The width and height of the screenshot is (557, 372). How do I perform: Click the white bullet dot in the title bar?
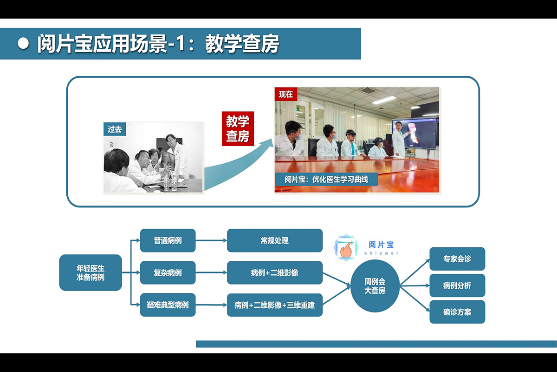[23, 44]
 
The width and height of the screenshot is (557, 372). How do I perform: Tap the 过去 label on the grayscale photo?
[115, 129]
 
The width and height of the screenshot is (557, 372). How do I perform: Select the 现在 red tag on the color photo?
[286, 94]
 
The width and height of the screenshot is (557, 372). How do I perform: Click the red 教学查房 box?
[238, 128]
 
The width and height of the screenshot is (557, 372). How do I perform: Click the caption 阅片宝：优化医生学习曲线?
[326, 179]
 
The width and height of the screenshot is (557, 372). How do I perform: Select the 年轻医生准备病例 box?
[91, 272]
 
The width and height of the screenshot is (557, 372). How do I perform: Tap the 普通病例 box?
[168, 240]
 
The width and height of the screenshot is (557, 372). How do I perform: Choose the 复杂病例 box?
[168, 272]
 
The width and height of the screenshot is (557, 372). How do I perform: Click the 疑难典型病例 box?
[168, 305]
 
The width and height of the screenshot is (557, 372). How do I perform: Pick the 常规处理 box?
[275, 240]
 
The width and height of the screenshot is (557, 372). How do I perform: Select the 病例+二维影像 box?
[275, 272]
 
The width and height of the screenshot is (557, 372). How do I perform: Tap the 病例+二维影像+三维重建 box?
[275, 305]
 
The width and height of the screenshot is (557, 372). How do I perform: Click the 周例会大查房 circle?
[375, 286]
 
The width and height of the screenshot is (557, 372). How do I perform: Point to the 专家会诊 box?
[457, 259]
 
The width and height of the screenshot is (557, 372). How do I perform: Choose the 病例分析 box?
[457, 286]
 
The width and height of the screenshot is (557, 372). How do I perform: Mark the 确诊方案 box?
[457, 312]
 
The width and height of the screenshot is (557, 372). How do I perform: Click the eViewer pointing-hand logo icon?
[346, 247]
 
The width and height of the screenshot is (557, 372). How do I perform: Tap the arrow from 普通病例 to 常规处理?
[211, 240]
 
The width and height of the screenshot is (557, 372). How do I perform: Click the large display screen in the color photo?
[415, 133]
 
